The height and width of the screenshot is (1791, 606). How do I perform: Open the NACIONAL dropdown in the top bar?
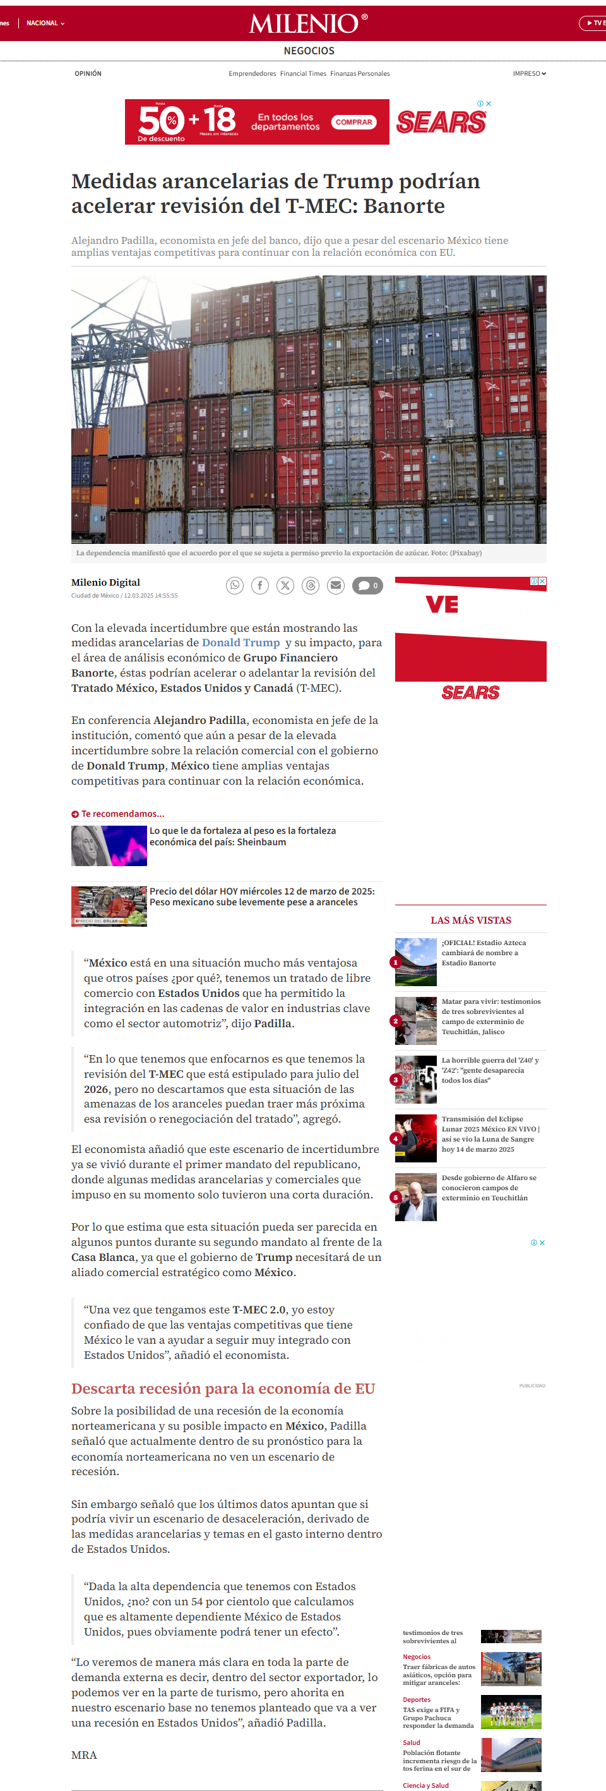(x=45, y=23)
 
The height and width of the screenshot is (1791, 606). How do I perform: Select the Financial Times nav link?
(x=303, y=74)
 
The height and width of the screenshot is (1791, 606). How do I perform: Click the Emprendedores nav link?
(x=252, y=74)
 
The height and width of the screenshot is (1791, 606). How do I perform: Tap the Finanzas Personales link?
(x=360, y=74)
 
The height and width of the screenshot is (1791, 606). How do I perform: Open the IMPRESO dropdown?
(x=529, y=74)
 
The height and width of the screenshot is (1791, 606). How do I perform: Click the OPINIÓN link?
(x=88, y=74)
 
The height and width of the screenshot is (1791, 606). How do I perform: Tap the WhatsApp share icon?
(x=235, y=586)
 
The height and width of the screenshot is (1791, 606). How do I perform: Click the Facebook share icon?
(x=260, y=586)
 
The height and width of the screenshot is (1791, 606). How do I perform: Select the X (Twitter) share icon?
(x=285, y=586)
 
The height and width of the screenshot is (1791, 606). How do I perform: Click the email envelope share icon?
(x=336, y=586)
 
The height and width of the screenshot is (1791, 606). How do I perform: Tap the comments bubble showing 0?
(x=367, y=586)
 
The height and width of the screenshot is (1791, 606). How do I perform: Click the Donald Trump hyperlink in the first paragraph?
(x=241, y=642)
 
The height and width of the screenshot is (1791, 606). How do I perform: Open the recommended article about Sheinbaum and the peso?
(x=242, y=836)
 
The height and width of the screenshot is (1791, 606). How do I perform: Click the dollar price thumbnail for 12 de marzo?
(x=109, y=906)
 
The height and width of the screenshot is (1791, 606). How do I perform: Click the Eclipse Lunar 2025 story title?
(x=490, y=1134)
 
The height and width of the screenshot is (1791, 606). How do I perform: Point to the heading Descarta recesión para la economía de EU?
(x=223, y=1389)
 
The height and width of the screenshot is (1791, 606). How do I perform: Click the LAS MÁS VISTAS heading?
(x=470, y=920)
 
